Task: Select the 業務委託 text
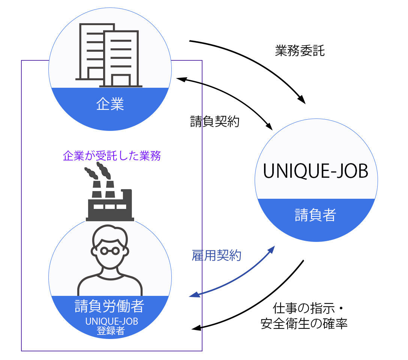click(300, 51)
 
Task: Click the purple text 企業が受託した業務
click(112, 156)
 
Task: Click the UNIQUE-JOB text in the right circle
click(315, 172)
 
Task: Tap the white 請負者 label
click(315, 215)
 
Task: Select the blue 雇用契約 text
click(216, 256)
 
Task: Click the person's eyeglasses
click(110, 249)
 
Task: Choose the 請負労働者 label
click(109, 306)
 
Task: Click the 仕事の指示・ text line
click(308, 309)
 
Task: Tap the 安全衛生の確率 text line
click(304, 323)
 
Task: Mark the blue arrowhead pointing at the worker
click(194, 295)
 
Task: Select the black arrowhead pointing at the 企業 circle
click(180, 79)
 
